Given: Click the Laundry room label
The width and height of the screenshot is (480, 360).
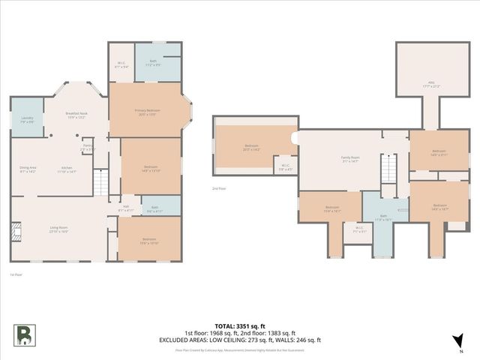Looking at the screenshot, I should pos(27,118).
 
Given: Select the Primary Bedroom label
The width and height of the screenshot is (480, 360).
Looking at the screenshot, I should pos(150,112).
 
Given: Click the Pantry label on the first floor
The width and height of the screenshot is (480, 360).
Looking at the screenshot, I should pos(88,147).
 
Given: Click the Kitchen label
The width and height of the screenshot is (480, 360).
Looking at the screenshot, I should pos(67,170).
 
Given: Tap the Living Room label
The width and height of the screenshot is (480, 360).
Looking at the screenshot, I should pos(58,230).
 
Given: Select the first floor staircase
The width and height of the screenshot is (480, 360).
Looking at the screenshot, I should pos(100,182).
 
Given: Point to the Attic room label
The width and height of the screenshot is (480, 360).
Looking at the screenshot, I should pos(430,85).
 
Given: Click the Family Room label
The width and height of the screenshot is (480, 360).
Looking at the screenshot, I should pos(350,159).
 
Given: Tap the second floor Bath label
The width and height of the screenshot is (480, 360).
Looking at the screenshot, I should pos(383,217).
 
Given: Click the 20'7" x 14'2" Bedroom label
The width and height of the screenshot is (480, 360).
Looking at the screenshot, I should pos(251,148).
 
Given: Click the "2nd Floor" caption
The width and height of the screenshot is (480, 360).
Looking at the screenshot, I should pos(219,189).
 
